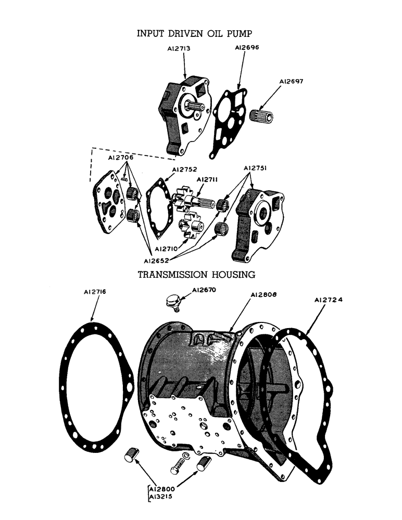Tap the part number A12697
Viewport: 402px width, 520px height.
pyautogui.click(x=292, y=82)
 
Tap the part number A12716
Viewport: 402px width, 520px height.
pyautogui.click(x=95, y=293)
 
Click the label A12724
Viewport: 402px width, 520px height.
pyautogui.click(x=329, y=300)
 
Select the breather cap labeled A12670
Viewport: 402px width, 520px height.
pyautogui.click(x=172, y=301)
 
